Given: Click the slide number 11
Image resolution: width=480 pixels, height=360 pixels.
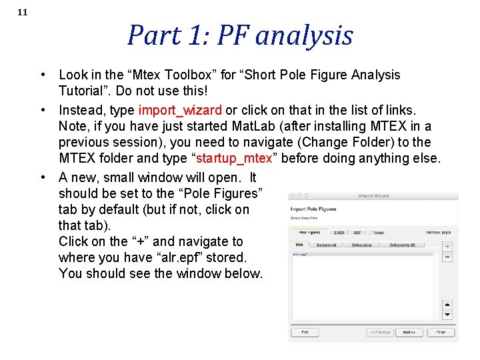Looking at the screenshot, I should point(22,12).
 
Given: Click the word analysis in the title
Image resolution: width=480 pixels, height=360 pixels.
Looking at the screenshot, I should point(304,35).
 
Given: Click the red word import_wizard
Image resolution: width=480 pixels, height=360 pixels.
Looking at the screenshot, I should point(180,110).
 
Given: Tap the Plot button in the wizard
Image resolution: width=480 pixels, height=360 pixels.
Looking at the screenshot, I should point(305,331).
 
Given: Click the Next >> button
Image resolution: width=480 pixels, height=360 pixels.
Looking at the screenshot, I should point(408,331).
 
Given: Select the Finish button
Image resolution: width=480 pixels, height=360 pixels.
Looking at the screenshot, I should point(441,331).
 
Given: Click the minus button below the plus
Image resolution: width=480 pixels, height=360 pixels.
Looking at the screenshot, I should point(447,257).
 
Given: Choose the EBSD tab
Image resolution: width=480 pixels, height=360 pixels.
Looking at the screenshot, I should point(339,233).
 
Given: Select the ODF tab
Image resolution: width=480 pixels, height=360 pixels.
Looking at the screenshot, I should point(357,233).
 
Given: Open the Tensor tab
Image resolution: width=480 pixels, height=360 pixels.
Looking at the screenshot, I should point(378,233).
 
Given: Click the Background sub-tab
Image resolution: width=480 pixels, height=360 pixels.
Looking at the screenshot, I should point(326,245).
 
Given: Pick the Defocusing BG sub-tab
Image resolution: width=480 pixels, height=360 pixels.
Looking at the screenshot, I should point(405,245).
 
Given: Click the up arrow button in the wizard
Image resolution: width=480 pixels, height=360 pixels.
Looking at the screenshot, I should point(447,305).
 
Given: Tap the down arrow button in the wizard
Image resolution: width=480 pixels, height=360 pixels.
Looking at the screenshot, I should point(447,315).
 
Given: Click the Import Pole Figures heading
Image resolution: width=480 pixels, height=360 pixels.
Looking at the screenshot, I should point(313,209).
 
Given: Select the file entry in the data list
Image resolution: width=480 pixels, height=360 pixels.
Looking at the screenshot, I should point(301,254).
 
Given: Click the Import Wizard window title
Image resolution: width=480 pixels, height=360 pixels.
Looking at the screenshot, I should point(373,196).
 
